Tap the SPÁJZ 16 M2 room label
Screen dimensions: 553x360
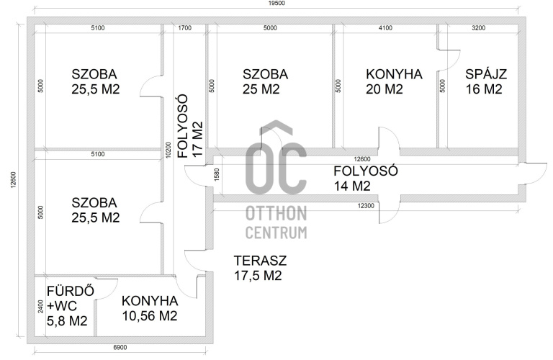coord(485,81)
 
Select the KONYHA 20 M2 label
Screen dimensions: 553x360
coord(394,81)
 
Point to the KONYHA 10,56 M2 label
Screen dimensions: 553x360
coord(150,309)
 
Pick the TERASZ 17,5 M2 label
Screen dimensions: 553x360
coord(260,268)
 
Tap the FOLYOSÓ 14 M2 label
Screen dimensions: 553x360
coord(366,178)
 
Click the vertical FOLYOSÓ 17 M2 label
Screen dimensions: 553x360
coord(191,126)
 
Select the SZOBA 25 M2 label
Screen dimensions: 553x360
coord(265,81)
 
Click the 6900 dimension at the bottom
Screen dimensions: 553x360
coord(120,347)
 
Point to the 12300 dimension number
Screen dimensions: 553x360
coord(366,206)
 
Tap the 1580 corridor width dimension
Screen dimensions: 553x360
coord(217,175)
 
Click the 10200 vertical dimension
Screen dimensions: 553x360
coord(168,150)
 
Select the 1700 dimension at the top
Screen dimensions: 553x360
coord(185,28)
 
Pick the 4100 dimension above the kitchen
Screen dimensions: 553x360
coord(385,28)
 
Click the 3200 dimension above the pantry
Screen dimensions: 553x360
coord(479,28)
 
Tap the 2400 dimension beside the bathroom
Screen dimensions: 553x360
coord(41,306)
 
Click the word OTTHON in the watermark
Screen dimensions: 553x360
coord(276,214)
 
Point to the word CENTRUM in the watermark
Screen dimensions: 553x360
coord(276,233)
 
